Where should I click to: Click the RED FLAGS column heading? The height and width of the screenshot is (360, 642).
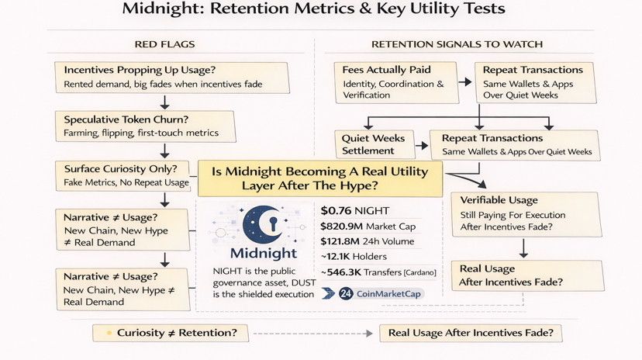pyautogui.click(x=164, y=44)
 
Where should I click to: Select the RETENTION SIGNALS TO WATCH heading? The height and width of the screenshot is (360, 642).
pyautogui.click(x=457, y=44)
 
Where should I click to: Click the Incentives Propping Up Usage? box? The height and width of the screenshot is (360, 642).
pyautogui.click(x=172, y=76)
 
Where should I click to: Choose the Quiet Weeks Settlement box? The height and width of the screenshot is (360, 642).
pyautogui.click(x=373, y=144)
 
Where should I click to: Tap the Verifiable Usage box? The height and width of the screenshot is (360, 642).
pyautogui.click(x=525, y=214)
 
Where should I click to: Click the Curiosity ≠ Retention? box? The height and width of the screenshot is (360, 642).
pyautogui.click(x=171, y=333)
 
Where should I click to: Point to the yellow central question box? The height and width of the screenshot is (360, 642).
pyautogui.click(x=319, y=178)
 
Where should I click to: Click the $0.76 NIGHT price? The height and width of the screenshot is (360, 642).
pyautogui.click(x=355, y=210)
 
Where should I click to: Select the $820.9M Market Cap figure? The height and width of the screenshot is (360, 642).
pyautogui.click(x=368, y=226)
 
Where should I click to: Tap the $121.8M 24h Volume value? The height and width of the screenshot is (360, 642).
pyautogui.click(x=367, y=241)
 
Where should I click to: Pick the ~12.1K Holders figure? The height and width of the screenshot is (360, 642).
pyautogui.click(x=353, y=257)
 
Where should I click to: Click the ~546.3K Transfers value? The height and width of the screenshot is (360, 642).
pyautogui.click(x=378, y=272)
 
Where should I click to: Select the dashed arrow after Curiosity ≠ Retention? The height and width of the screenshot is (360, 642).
pyautogui.click(x=312, y=333)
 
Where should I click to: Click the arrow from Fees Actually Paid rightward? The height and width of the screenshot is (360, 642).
pyautogui.click(x=464, y=81)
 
